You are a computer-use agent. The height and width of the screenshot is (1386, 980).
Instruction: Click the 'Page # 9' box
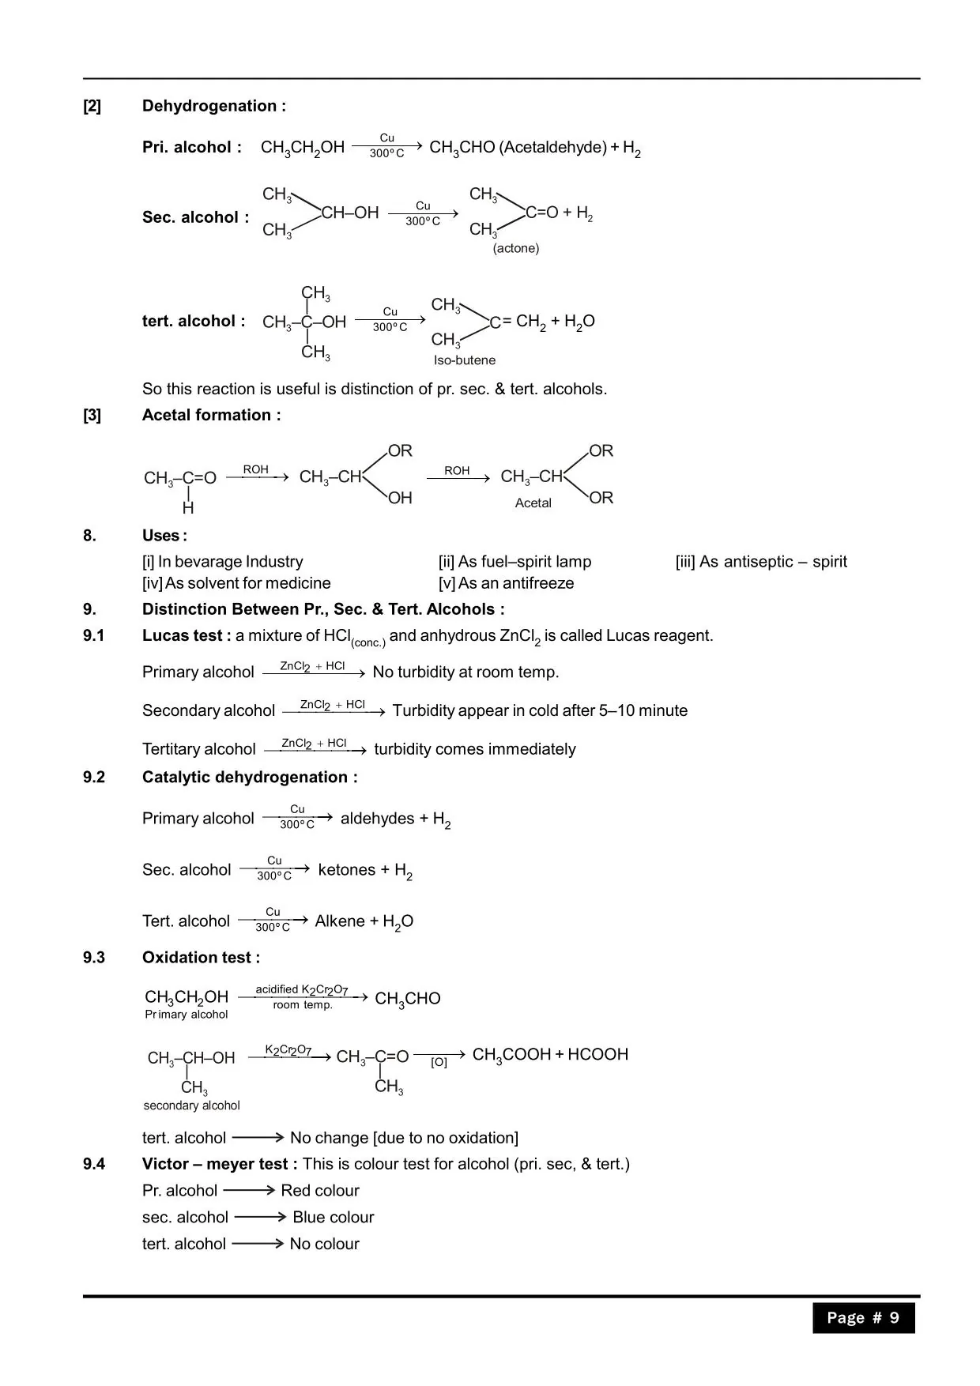[x=863, y=1317]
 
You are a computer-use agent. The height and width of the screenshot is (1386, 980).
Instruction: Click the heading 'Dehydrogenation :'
[x=213, y=106]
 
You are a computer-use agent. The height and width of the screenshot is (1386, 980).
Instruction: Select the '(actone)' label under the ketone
[x=516, y=248]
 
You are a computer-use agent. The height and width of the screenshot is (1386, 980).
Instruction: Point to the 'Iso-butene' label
[x=465, y=360]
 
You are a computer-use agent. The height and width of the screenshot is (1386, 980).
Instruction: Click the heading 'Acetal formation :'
[x=211, y=415]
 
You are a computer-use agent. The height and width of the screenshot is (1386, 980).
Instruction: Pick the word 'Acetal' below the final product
[x=533, y=503]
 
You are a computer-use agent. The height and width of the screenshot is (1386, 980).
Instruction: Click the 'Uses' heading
[x=164, y=536]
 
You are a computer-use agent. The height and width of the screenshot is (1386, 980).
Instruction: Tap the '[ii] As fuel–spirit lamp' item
[x=514, y=562]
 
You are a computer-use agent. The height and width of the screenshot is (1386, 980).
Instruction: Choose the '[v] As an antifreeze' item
[x=506, y=583]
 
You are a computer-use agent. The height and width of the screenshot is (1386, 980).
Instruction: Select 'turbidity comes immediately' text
[x=474, y=749]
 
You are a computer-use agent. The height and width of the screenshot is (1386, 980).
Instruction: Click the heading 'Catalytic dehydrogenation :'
[x=250, y=778]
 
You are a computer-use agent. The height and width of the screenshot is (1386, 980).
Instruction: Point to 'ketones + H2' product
[x=365, y=871]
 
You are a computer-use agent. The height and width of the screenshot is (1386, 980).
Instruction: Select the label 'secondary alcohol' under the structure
[x=191, y=1105]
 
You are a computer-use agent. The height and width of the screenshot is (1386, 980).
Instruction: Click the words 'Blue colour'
[x=333, y=1217]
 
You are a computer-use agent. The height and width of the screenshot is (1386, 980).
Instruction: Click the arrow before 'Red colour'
[x=249, y=1190]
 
